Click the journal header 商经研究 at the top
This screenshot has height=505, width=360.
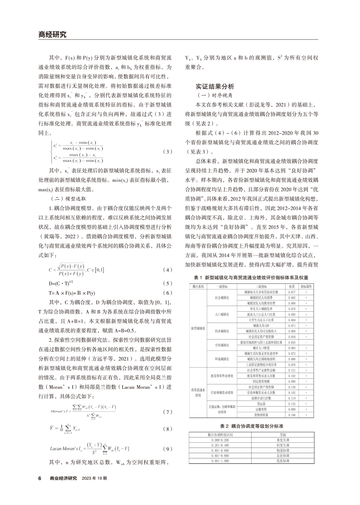[52, 35]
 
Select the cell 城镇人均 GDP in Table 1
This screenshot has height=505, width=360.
[259, 325]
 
